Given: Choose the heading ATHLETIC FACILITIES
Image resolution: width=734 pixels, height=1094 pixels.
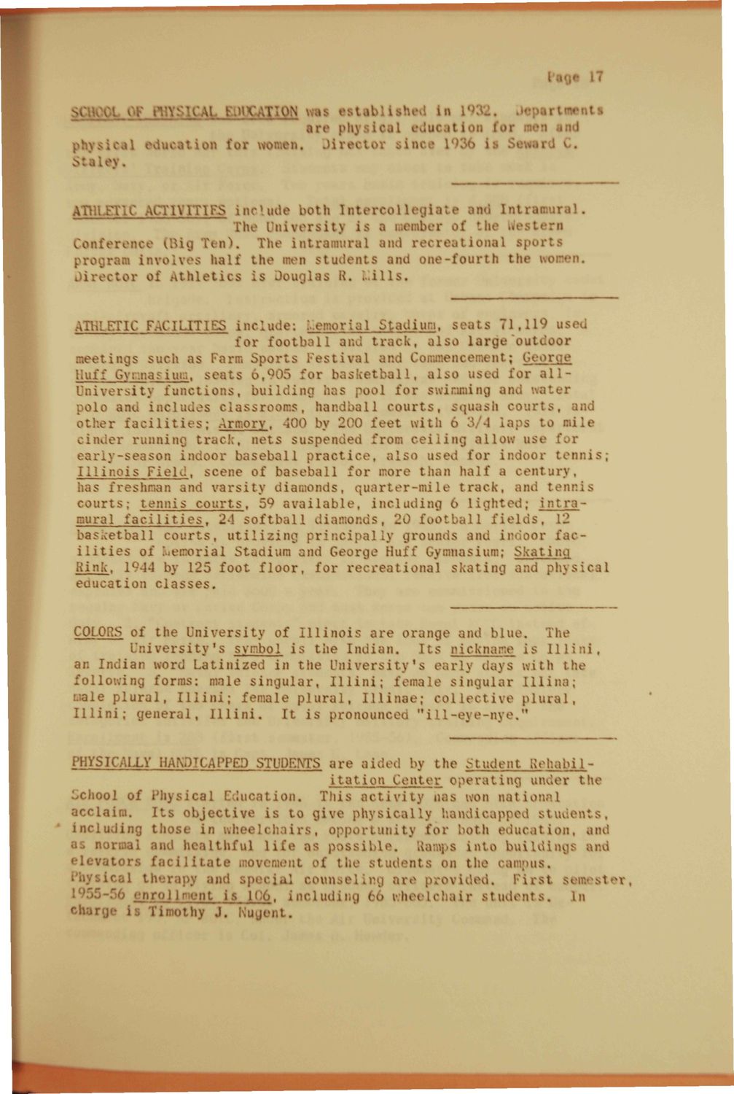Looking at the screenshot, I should point(151,325).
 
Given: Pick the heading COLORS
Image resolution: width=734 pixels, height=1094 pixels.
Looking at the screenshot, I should point(98,632).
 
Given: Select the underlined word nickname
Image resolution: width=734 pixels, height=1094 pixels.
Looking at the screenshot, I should point(483,649).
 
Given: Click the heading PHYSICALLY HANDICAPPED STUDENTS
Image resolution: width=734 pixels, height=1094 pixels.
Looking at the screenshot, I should point(197,764).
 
